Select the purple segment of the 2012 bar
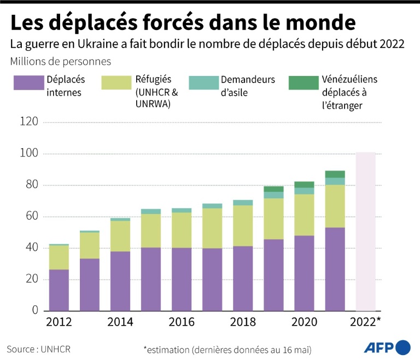(x=59, y=290)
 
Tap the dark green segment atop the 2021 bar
(x=335, y=174)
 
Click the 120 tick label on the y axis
(x=28, y=122)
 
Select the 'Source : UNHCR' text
(x=39, y=348)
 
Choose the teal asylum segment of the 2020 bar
(x=304, y=191)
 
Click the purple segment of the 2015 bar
(x=151, y=279)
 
